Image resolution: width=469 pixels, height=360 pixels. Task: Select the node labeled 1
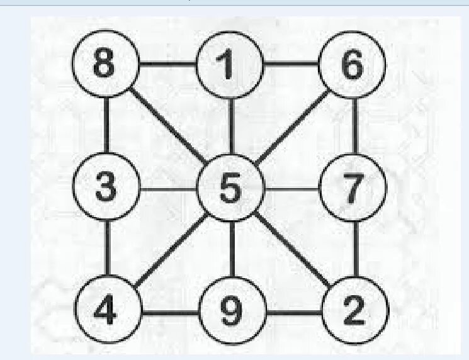coord(229,65)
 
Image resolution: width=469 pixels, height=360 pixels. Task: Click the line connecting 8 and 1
coord(167,64)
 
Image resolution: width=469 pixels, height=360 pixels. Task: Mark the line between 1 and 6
coord(290,64)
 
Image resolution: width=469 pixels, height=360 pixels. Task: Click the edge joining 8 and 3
coord(106,127)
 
